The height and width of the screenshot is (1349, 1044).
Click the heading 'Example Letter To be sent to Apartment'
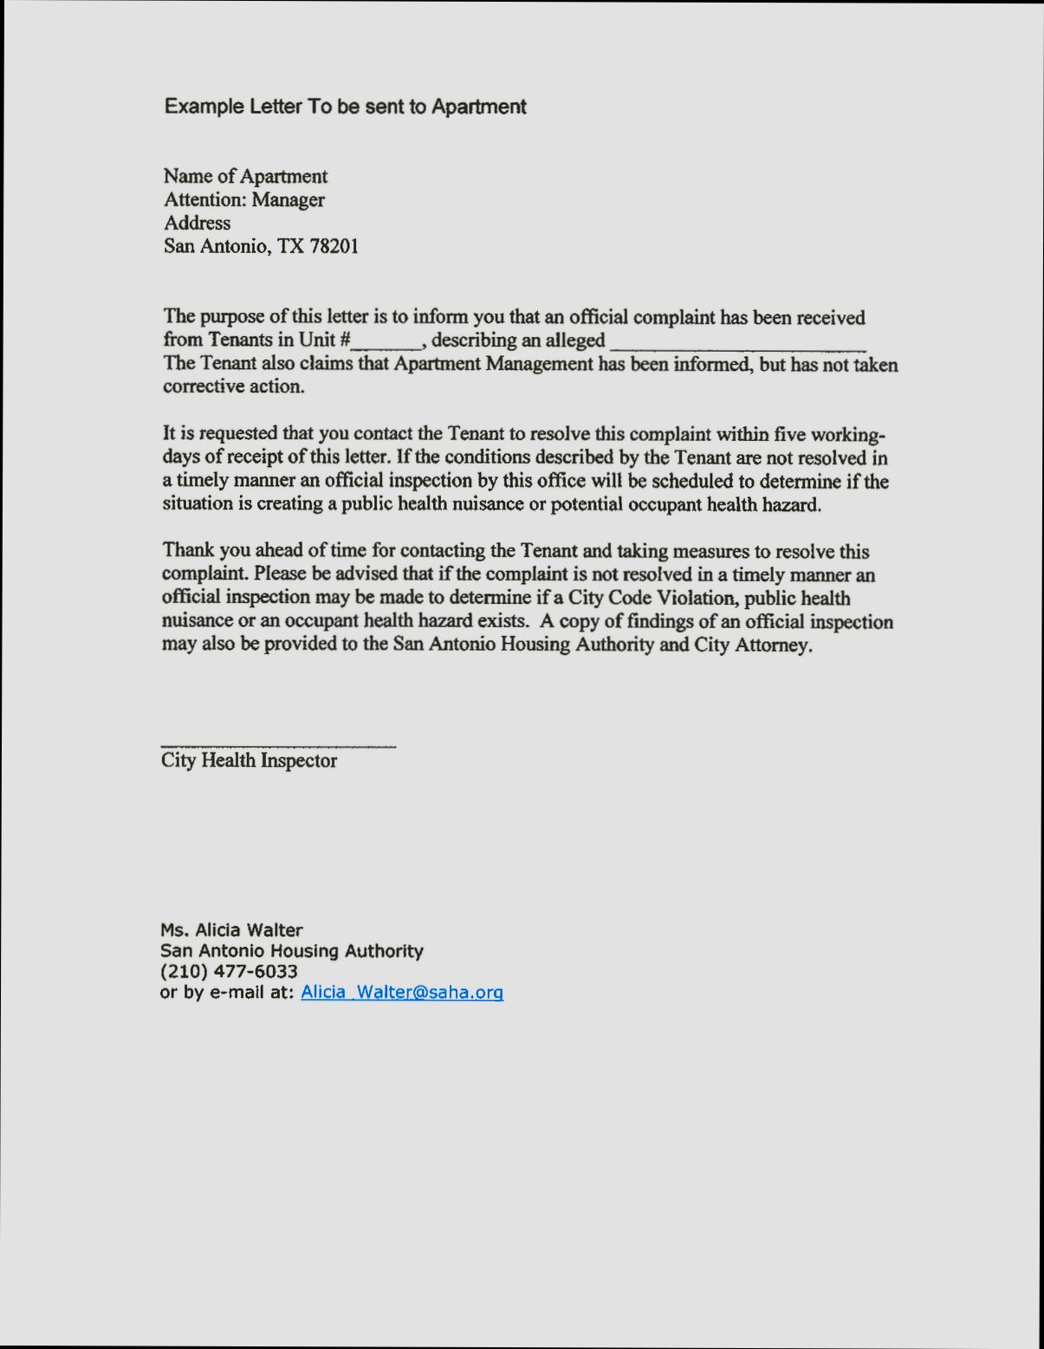coord(345,107)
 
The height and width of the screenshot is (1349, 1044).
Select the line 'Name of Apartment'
coord(245,177)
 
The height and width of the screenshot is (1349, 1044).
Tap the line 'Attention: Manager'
coord(244,200)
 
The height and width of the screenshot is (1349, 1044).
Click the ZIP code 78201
coord(334,246)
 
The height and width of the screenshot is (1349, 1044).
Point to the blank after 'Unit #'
coord(386,341)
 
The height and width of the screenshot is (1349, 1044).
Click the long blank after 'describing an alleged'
coord(738,343)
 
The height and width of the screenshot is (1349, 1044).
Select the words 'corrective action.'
coord(234,387)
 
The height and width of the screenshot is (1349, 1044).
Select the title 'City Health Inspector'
coord(249,761)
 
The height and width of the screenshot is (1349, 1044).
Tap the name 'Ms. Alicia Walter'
coord(231,931)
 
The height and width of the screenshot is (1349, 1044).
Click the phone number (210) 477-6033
coord(229,972)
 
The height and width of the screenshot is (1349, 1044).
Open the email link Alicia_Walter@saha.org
coord(402,993)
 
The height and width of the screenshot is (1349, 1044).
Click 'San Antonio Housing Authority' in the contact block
coord(292,951)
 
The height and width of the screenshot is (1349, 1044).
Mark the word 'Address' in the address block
coord(198,224)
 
